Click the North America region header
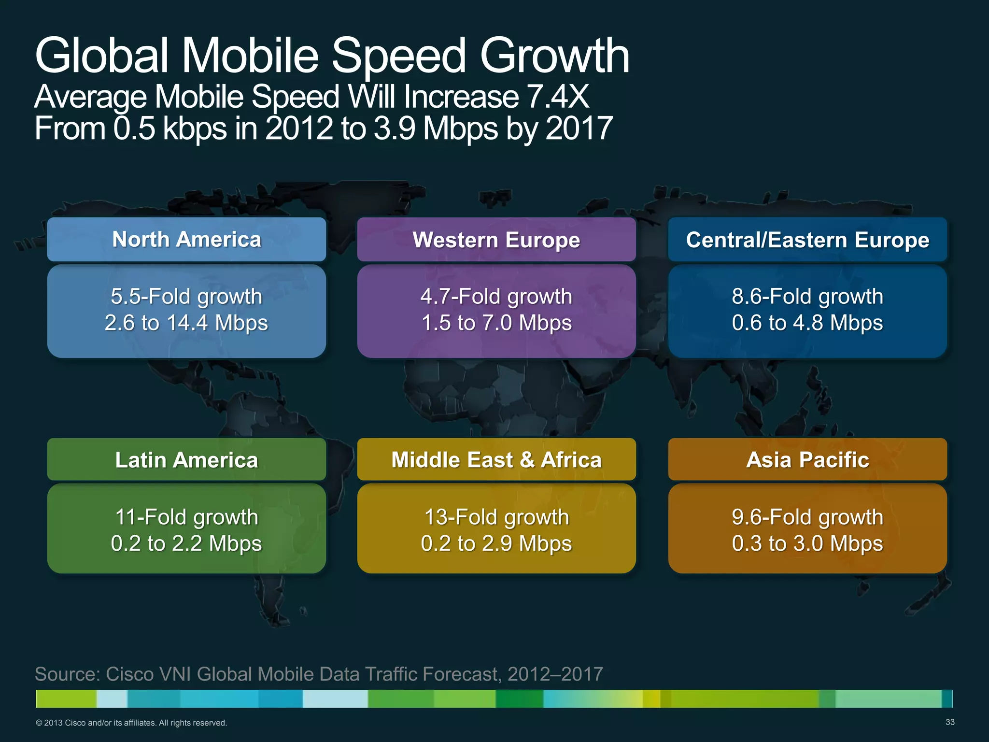pyautogui.click(x=186, y=240)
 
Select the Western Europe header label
pyautogui.click(x=496, y=240)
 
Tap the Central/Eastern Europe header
pyautogui.click(x=807, y=240)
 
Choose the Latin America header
pyautogui.click(x=186, y=460)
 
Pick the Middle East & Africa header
pyautogui.click(x=496, y=460)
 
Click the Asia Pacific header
pyautogui.click(x=807, y=460)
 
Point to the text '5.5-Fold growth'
pyautogui.click(x=186, y=297)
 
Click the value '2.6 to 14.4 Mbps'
pyautogui.click(x=186, y=323)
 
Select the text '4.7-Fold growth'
pyautogui.click(x=496, y=297)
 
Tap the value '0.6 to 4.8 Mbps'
pyautogui.click(x=807, y=323)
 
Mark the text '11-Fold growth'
pyautogui.click(x=186, y=517)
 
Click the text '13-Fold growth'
pyautogui.click(x=496, y=517)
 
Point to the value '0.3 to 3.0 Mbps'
pyautogui.click(x=807, y=544)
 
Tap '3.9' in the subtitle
pyautogui.click(x=394, y=128)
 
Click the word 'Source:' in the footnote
pyautogui.click(x=67, y=674)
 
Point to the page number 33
pyautogui.click(x=950, y=722)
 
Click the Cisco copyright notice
pyautogui.click(x=131, y=723)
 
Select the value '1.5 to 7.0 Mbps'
pyautogui.click(x=496, y=323)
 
